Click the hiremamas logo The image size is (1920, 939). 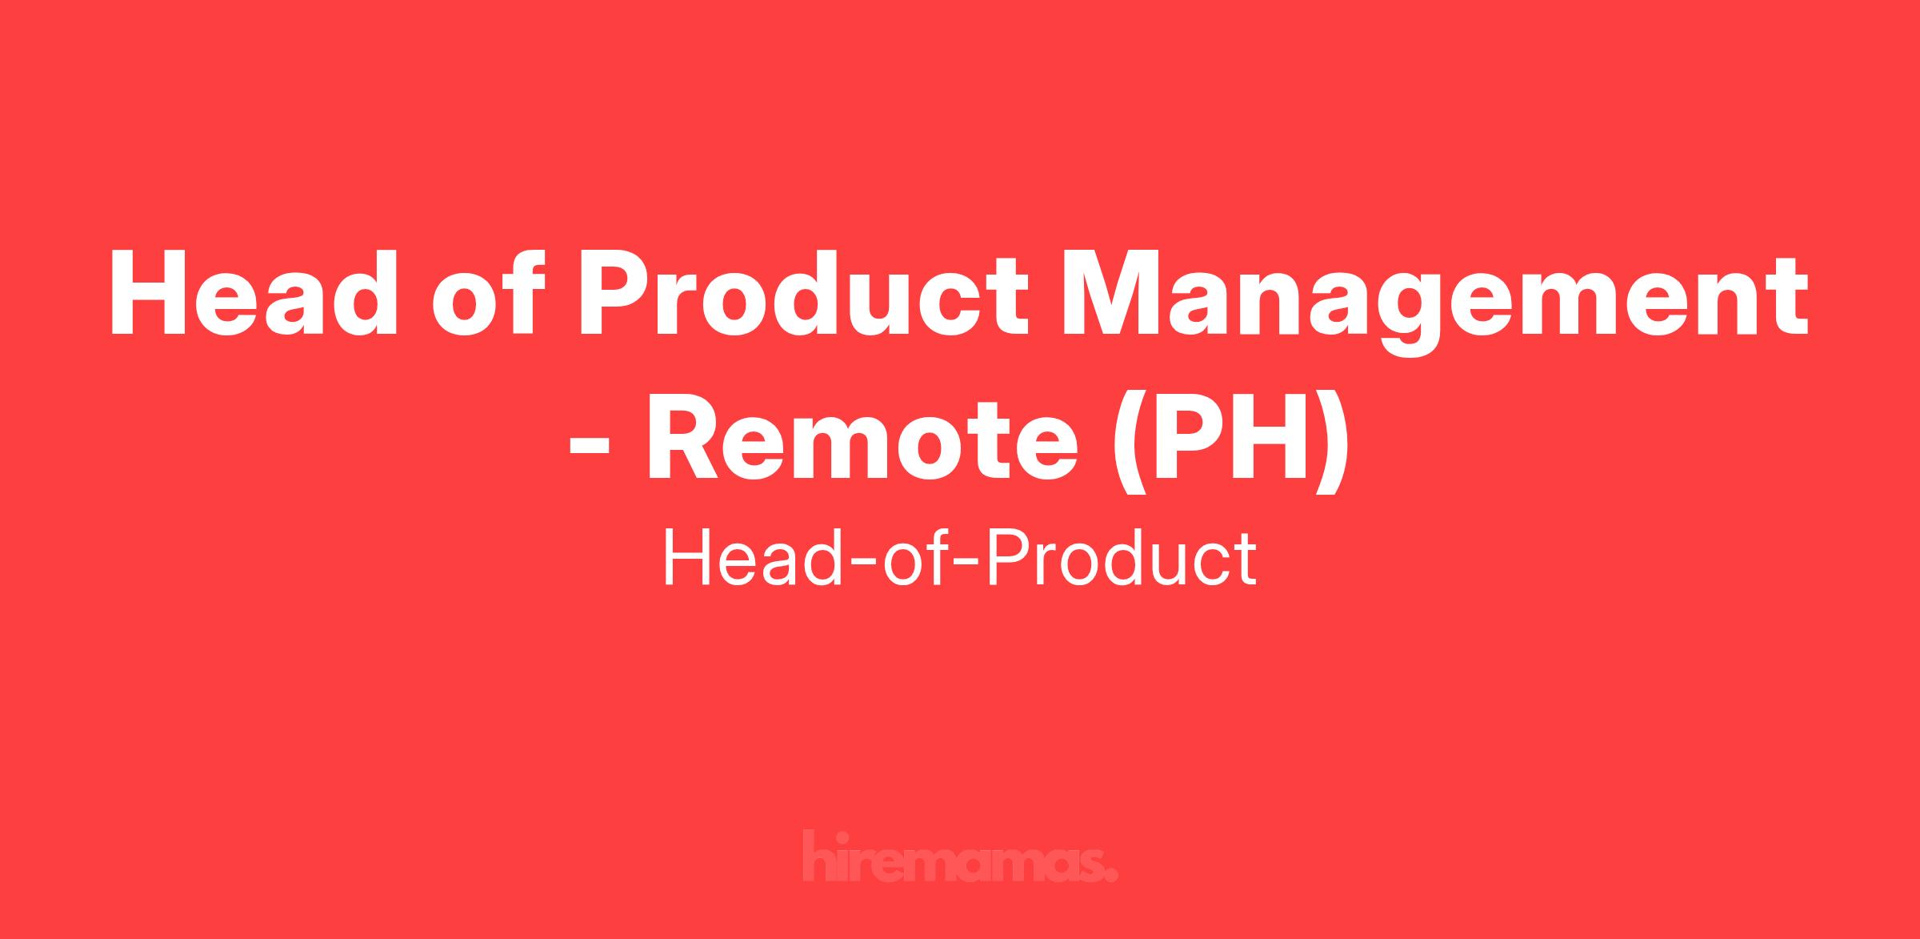pyautogui.click(x=960, y=857)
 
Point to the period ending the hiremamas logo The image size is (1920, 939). pyautogui.click(x=1111, y=875)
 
